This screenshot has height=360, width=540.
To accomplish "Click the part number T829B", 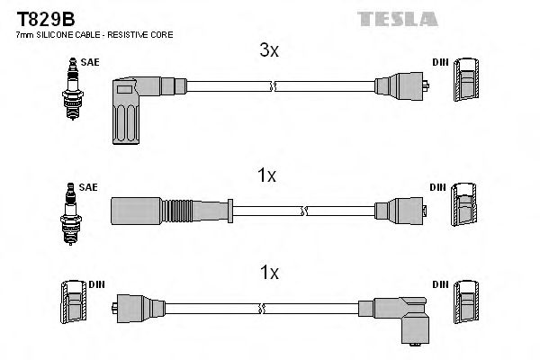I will coord(40,18).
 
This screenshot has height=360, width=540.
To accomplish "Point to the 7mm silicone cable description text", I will coord(94,34).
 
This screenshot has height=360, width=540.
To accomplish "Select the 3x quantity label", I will coord(269,51).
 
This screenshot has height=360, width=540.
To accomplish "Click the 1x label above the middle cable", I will coord(265,176).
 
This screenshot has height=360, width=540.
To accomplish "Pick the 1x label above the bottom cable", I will coord(268,271).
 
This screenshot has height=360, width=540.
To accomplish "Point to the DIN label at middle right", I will coord(437,187).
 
